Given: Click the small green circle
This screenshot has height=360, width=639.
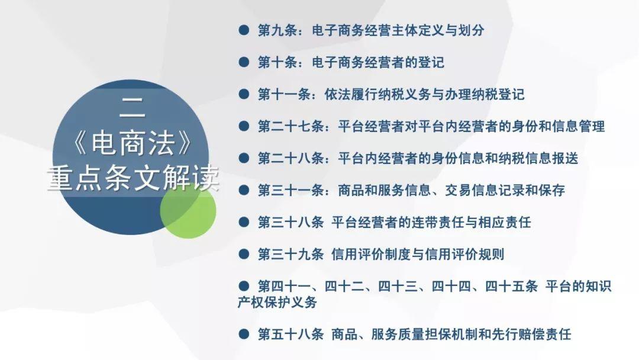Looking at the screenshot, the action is pos(188,210).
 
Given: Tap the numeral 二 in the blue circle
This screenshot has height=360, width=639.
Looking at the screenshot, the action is pos(132,109).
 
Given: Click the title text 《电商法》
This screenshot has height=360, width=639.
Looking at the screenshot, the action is pos(133,143).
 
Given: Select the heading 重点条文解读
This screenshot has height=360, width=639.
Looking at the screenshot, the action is pos(133,178).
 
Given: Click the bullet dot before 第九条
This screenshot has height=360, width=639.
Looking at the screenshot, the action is pos(244,30).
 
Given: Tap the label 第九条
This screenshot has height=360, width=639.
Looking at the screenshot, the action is pos(277,30).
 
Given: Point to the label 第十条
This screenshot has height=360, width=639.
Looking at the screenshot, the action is pos(277,62).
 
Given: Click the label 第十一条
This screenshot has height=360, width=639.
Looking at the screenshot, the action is pos(284,95).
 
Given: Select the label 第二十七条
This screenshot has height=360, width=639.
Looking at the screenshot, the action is pos(291,126).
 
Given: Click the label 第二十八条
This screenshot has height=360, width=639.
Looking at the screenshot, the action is pos(291,158).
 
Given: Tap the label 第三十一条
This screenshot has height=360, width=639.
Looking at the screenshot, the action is pos(291,191).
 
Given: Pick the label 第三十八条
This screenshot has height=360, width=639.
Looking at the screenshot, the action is pos(291,222).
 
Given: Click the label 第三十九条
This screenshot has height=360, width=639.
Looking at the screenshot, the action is pos(291,255).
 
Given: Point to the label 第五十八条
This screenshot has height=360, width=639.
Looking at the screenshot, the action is pos(291,335).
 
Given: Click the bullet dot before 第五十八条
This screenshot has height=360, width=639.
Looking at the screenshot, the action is pos(244,335).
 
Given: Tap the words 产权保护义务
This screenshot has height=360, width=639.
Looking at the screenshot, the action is pos(277,303).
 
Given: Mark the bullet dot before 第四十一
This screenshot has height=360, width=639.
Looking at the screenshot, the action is pos(244,286).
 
